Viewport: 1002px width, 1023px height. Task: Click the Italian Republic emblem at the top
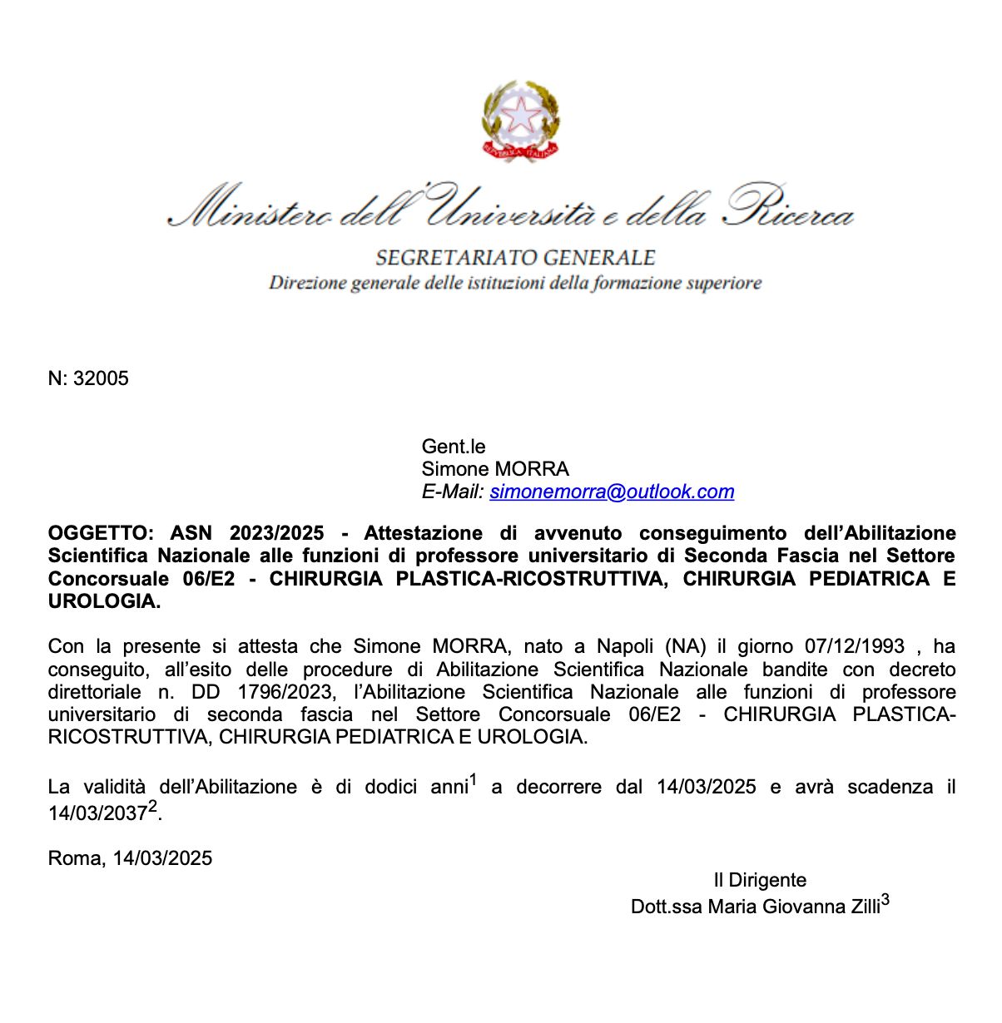point(520,120)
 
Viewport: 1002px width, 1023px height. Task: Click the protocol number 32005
point(101,379)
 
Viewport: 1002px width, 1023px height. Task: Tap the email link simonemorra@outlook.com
point(612,492)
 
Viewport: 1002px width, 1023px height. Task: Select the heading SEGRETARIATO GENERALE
point(515,258)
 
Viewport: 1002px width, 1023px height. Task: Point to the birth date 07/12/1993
point(855,647)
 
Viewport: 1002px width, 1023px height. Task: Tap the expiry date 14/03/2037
point(97,813)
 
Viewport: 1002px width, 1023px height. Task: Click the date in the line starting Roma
point(162,858)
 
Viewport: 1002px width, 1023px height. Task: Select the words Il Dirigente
point(760,880)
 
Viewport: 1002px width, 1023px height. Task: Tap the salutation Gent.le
point(454,447)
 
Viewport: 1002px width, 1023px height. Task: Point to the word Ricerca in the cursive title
point(789,208)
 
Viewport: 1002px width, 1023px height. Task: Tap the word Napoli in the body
point(625,647)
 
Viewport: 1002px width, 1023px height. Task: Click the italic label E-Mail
point(452,492)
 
